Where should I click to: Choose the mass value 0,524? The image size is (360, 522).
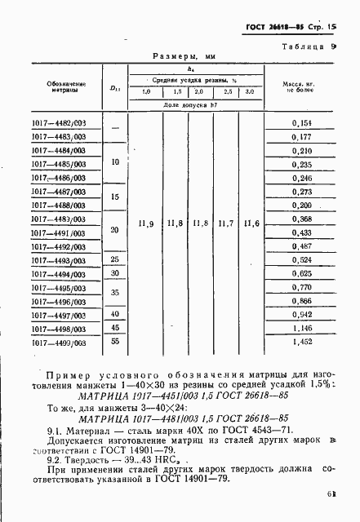pyautogui.click(x=302, y=259)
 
